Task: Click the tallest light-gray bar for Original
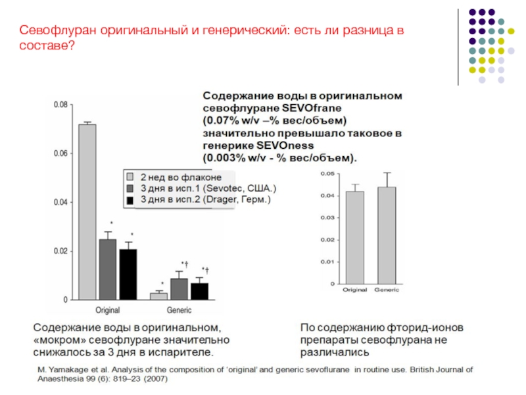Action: pyautogui.click(x=87, y=211)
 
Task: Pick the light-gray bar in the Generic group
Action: pyautogui.click(x=158, y=296)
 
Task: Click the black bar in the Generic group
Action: pyautogui.click(x=199, y=291)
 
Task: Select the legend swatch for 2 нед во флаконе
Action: pyautogui.click(x=131, y=178)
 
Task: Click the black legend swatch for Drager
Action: pyautogui.click(x=131, y=199)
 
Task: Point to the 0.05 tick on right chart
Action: pyautogui.click(x=326, y=173)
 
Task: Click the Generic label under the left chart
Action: pyautogui.click(x=179, y=310)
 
